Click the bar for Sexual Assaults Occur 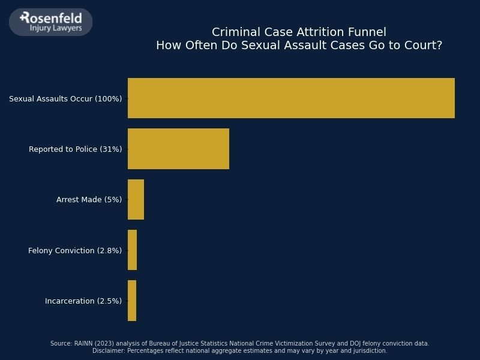pyautogui.click(x=291, y=98)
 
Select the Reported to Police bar pyautogui.click(x=178, y=149)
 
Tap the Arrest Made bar pyautogui.click(x=136, y=199)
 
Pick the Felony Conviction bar pyautogui.click(x=132, y=250)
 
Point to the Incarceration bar pyautogui.click(x=132, y=301)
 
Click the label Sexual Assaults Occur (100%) pyautogui.click(x=65, y=98)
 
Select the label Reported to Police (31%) pyautogui.click(x=75, y=149)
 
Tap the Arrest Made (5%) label pyautogui.click(x=89, y=200)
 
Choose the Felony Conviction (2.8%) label pyautogui.click(x=75, y=250)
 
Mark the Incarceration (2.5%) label pyautogui.click(x=83, y=301)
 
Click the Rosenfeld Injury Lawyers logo pyautogui.click(x=51, y=22)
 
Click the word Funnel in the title pyautogui.click(x=367, y=32)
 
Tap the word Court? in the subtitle pyautogui.click(x=424, y=46)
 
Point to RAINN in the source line pyautogui.click(x=84, y=344)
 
